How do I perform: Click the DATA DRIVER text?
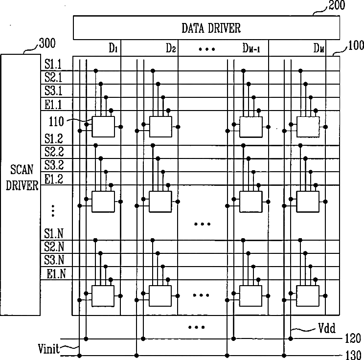[211, 28]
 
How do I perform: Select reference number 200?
[337, 6]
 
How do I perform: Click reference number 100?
[355, 47]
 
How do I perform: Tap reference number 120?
[353, 338]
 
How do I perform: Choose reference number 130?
[353, 355]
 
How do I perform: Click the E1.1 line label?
[54, 104]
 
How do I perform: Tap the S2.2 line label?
[54, 151]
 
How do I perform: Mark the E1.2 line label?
[54, 179]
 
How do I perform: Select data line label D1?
[113, 48]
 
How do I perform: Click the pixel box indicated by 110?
[103, 126]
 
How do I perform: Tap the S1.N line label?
[54, 233]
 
